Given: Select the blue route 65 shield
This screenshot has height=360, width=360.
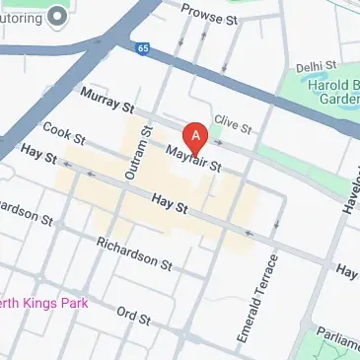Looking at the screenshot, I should pos(143,46).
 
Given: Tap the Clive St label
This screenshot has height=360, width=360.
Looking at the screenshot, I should pos(236,122).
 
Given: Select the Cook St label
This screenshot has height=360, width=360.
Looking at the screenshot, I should pos(59,133).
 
